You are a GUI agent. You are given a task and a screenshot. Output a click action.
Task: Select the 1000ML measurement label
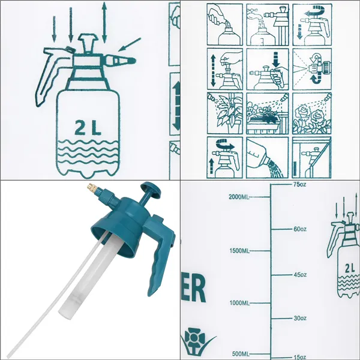click(241, 303)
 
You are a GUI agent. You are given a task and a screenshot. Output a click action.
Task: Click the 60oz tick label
click(300, 229)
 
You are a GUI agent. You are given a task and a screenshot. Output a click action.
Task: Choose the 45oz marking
click(300, 275)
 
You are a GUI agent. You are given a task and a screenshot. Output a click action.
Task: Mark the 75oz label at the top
click(300, 185)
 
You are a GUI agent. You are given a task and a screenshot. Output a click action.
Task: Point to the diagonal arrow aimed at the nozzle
click(128, 44)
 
